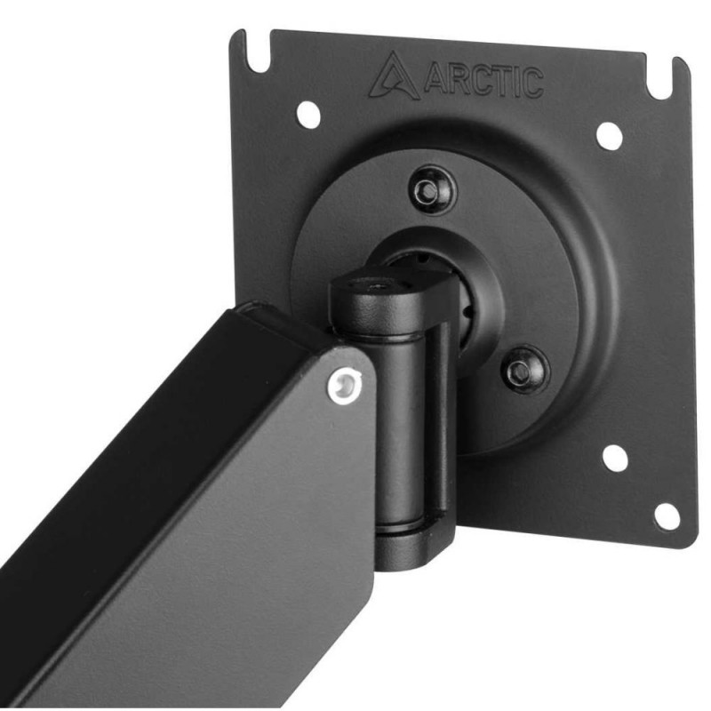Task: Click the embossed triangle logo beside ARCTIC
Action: [394, 76]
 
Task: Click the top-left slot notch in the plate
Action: [258, 52]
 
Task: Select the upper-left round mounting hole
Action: [308, 114]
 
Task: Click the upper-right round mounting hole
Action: [609, 136]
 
